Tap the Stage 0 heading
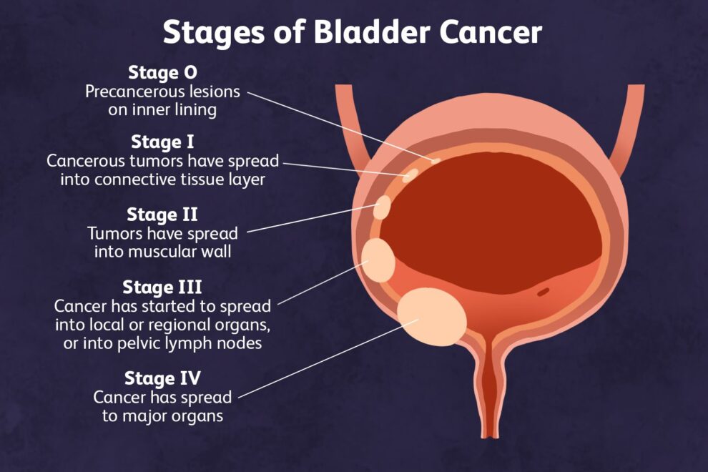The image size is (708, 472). pos(162,72)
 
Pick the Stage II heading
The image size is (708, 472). pos(162,214)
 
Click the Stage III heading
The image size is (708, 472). pos(162,287)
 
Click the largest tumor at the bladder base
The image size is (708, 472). pos(432,316)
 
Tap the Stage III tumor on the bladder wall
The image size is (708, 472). pos(378,260)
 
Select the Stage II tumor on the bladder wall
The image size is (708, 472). pos(383,207)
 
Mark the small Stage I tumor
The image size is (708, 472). pos(411,174)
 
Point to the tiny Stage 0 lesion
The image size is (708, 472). pos(436,161)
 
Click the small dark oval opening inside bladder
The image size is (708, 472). pos(544,291)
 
